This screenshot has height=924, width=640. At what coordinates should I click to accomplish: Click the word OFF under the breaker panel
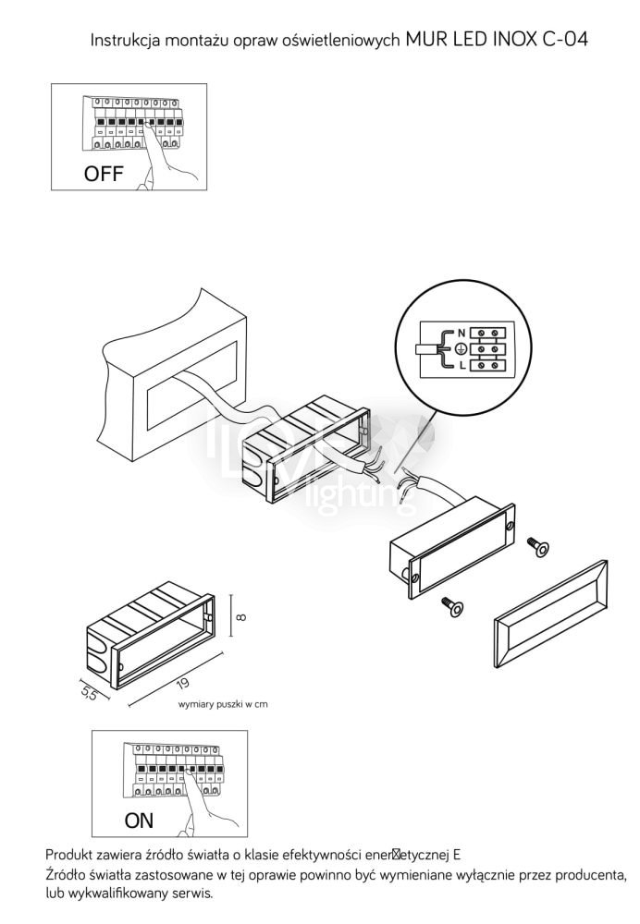coord(103,173)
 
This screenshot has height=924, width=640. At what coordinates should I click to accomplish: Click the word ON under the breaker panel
coord(139,820)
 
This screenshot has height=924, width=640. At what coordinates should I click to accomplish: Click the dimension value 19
coord(182,684)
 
